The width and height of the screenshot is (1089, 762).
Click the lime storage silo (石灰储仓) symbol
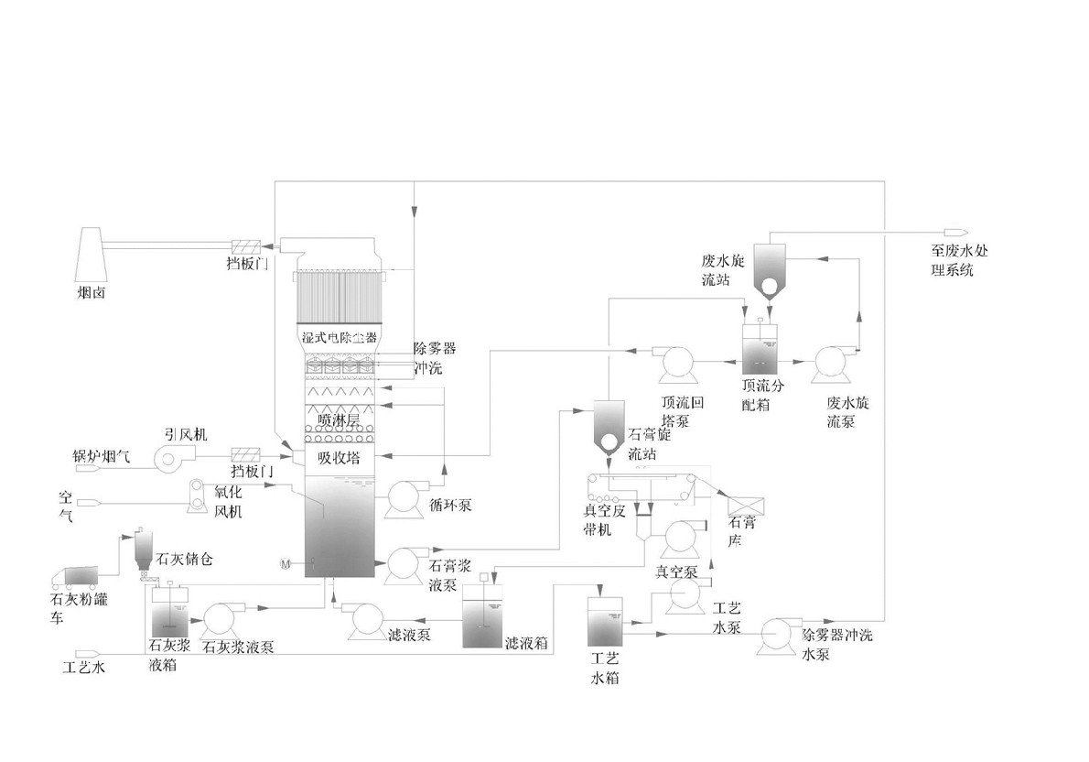coord(144,550)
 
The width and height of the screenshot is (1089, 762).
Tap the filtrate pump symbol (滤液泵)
coord(368,621)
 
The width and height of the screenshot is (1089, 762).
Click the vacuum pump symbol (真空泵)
coord(680,539)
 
